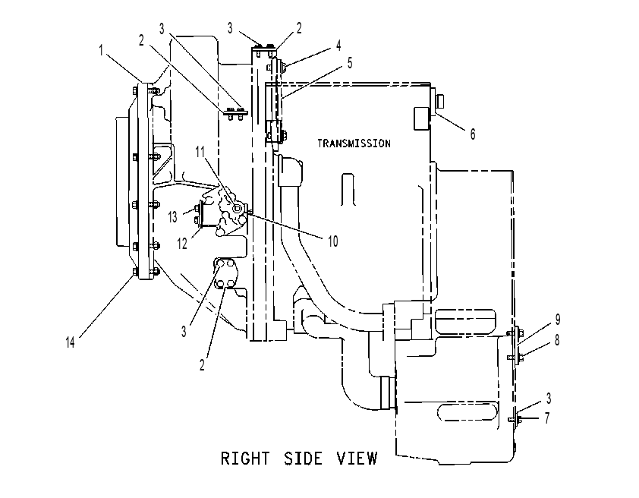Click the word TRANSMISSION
click(354, 143)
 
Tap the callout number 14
click(70, 342)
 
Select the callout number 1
click(101, 51)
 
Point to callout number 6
click(472, 134)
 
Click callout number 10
click(333, 241)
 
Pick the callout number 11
click(200, 152)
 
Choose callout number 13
click(173, 217)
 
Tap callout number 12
click(181, 243)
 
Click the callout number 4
click(338, 46)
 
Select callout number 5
click(350, 63)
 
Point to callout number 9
click(558, 320)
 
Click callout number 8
click(557, 340)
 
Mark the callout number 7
click(547, 418)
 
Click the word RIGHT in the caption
click(245, 458)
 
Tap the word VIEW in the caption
click(357, 458)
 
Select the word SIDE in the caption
click(303, 458)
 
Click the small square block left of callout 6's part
click(420, 118)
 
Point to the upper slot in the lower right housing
click(465, 320)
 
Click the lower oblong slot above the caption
click(467, 412)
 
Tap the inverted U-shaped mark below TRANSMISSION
click(348, 190)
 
